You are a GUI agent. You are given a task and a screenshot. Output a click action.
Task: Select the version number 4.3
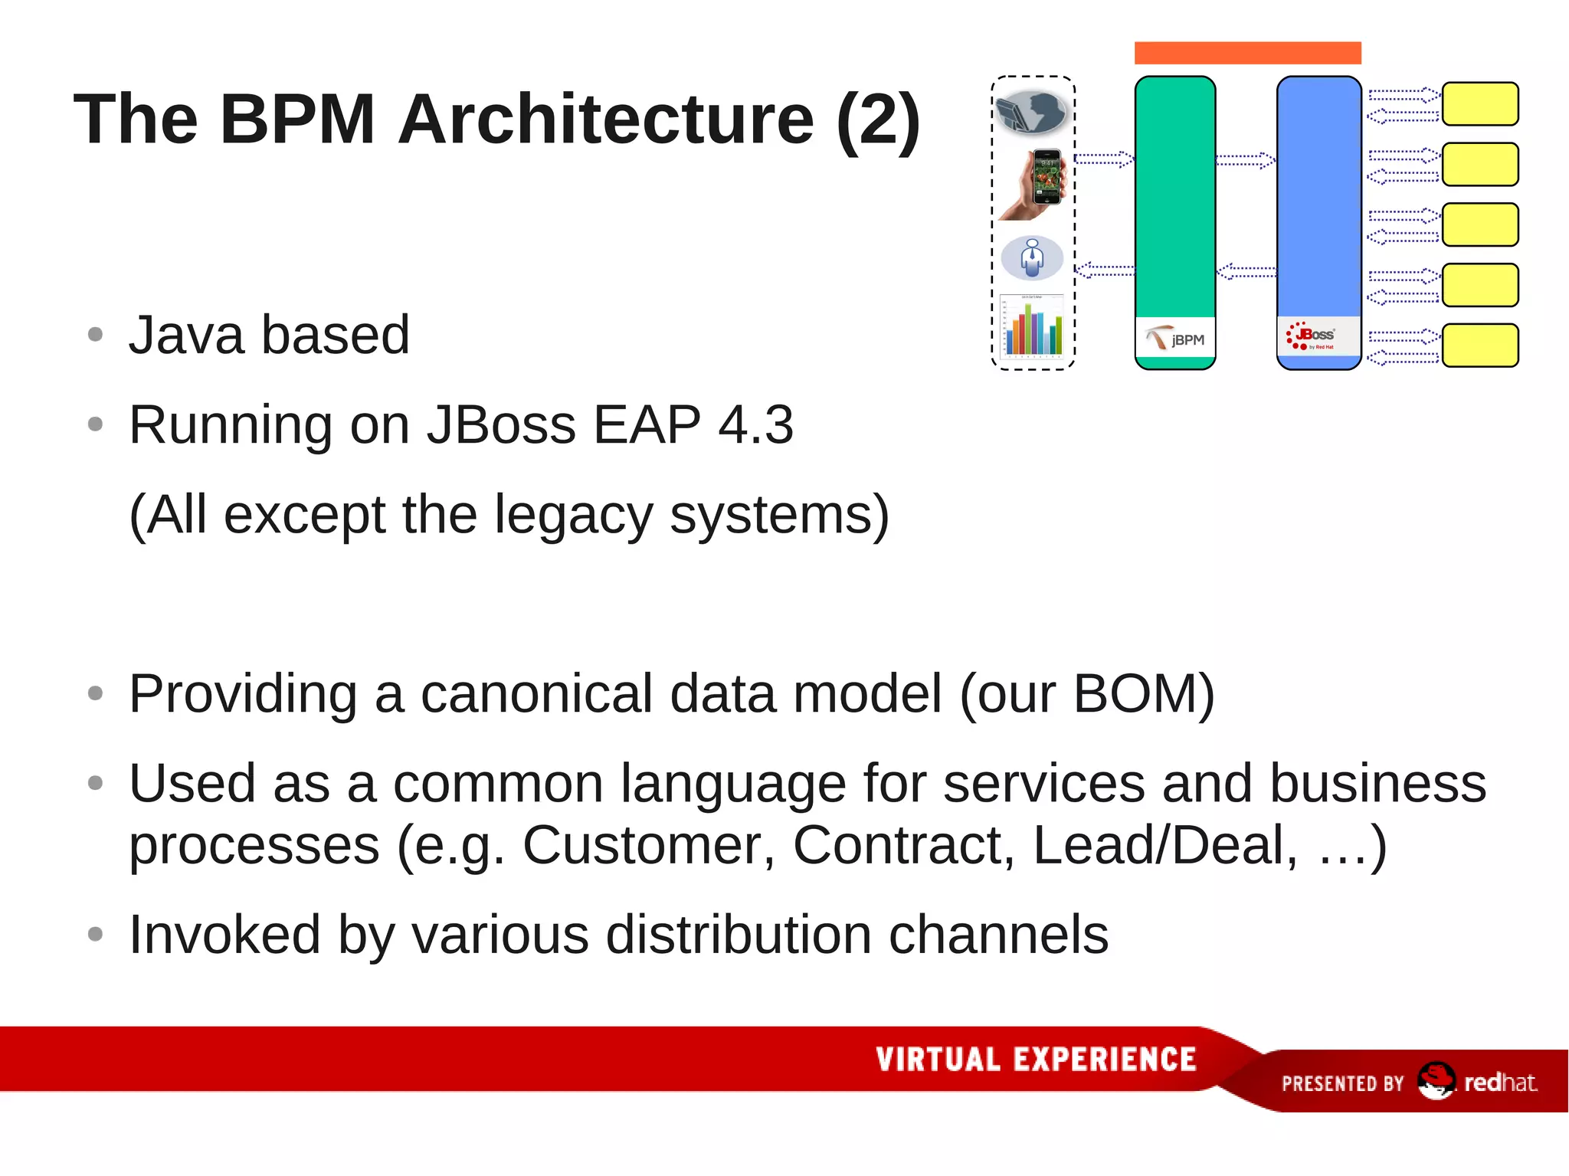pos(755,424)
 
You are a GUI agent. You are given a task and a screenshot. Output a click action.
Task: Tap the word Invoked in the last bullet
pos(224,935)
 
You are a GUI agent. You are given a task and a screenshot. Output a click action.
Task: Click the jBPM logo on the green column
pos(1175,338)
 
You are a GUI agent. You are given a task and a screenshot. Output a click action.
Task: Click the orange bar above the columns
pos(1247,53)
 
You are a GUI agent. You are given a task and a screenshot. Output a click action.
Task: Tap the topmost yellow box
pos(1480,103)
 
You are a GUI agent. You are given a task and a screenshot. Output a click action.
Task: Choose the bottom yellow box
pos(1480,346)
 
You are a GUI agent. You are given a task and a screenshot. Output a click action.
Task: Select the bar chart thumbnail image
pos(1033,326)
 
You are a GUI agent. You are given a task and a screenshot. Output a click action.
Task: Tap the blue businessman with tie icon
pos(1033,258)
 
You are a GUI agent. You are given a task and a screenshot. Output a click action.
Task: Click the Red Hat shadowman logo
pos(1435,1081)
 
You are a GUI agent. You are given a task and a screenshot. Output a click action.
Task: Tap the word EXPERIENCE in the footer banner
pos(1105,1060)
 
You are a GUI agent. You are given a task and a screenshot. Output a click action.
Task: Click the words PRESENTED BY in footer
pos(1342,1083)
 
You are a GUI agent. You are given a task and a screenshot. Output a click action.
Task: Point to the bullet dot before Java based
pos(95,335)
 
